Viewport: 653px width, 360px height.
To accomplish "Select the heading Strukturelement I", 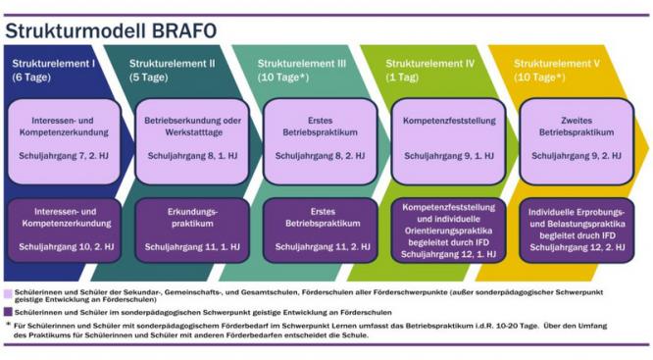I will (x=53, y=63).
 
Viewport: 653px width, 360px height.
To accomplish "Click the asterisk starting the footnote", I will (x=8, y=325).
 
